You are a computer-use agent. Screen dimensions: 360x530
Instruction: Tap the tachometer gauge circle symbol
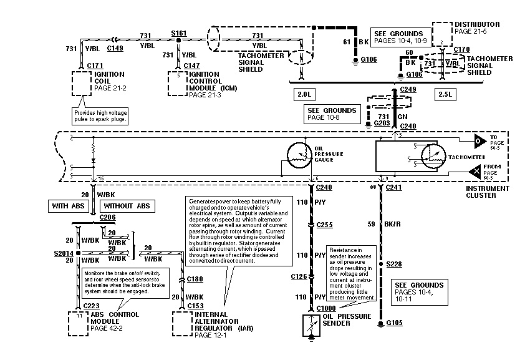pyautogui.click(x=434, y=155)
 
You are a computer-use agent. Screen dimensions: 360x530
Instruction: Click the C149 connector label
pyautogui.click(x=115, y=47)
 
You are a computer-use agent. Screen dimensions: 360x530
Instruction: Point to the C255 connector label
pyautogui.click(x=324, y=224)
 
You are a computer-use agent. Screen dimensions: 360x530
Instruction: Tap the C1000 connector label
pyautogui.click(x=326, y=308)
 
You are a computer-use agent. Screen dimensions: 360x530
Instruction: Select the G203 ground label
pyautogui.click(x=382, y=124)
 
